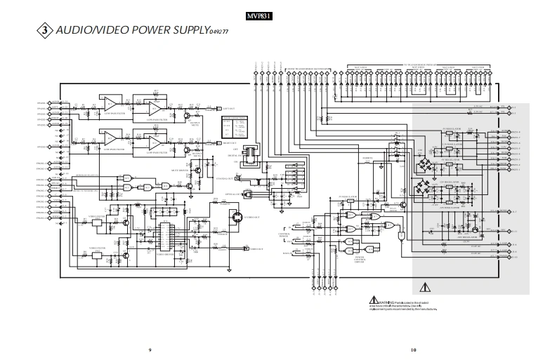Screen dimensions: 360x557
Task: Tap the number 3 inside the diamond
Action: (45, 31)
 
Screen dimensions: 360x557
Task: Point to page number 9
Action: (150, 349)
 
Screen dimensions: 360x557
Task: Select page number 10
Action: (414, 349)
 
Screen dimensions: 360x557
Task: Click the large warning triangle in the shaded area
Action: (424, 286)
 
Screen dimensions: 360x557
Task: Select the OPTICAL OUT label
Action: (232, 192)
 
